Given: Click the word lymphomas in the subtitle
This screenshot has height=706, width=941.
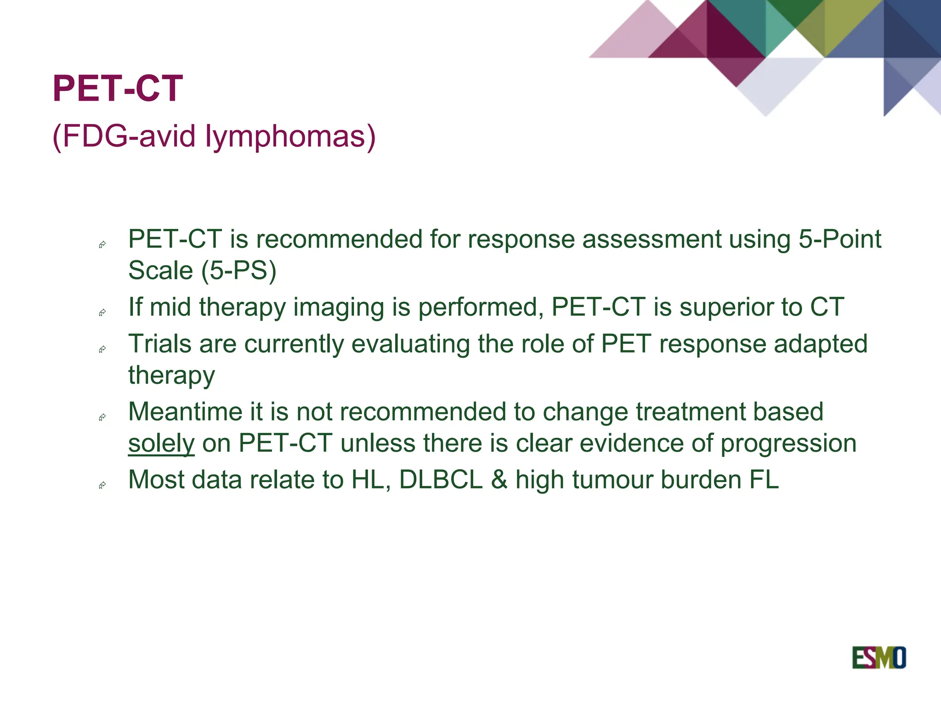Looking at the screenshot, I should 290,137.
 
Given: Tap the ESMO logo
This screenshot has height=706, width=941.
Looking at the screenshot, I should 879,658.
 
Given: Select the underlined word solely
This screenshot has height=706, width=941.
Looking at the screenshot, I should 161,444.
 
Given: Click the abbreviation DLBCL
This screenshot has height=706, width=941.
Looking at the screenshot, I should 441,480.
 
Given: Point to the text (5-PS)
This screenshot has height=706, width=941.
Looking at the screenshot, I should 239,270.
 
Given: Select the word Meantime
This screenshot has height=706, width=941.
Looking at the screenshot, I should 185,412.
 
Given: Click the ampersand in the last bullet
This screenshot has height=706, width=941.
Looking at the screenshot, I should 499,480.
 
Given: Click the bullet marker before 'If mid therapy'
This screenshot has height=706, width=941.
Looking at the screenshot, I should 102,313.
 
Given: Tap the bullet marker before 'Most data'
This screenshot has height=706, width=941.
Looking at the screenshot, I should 102,485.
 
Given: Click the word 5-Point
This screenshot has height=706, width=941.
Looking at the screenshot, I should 840,239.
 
